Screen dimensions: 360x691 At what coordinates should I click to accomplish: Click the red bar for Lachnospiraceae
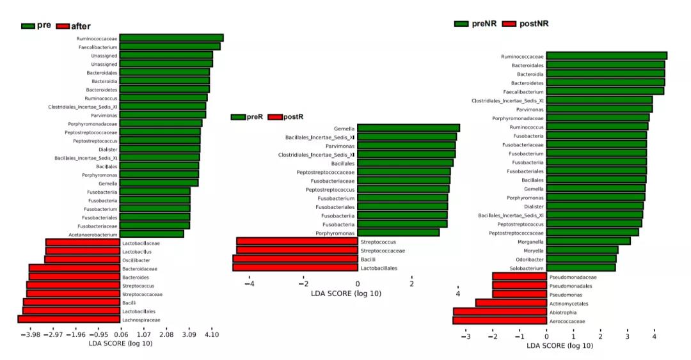[x=69, y=319]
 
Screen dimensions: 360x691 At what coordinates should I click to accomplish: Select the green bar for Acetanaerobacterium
[x=152, y=234]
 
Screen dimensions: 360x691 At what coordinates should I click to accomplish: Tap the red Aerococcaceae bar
[x=499, y=320]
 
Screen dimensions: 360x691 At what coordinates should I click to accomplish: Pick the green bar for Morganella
[x=588, y=241]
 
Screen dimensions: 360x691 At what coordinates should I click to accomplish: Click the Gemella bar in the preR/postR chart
[x=408, y=128]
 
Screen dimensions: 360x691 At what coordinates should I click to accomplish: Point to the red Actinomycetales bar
[x=511, y=303]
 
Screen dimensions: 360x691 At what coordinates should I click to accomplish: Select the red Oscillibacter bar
[x=82, y=260]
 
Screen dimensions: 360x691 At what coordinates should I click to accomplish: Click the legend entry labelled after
[x=81, y=26]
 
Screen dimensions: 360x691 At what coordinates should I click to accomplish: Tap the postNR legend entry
[x=534, y=24]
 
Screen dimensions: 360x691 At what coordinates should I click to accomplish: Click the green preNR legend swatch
[x=462, y=24]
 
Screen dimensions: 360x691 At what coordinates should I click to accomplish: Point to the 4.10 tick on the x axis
[x=211, y=334]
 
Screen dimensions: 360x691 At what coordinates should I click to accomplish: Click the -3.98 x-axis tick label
[x=31, y=334]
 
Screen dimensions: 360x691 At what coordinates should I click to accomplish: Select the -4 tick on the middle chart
[x=250, y=284]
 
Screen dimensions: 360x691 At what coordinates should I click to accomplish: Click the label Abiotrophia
[x=563, y=312]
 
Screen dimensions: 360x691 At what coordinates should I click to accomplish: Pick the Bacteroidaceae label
[x=139, y=269]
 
